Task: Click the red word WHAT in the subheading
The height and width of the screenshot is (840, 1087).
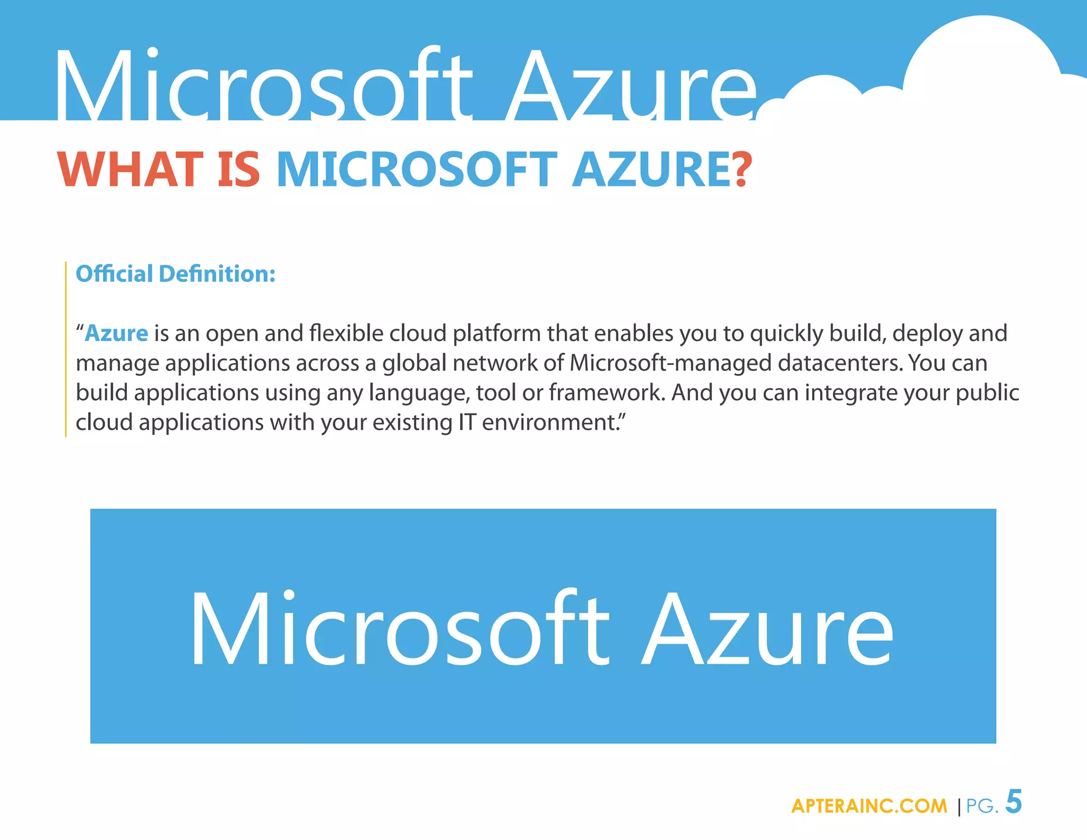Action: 130,169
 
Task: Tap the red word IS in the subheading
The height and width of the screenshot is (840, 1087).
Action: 239,169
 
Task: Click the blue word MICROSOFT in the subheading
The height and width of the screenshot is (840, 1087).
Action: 416,169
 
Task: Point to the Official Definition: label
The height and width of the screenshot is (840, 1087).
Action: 176,274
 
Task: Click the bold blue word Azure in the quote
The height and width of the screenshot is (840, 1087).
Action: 116,333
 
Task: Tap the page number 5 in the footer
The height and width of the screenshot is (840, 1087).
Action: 1014,802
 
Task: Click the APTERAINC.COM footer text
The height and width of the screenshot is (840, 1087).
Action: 869,806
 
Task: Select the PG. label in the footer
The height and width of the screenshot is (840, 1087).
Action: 982,806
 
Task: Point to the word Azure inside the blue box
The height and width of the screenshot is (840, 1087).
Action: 767,629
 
